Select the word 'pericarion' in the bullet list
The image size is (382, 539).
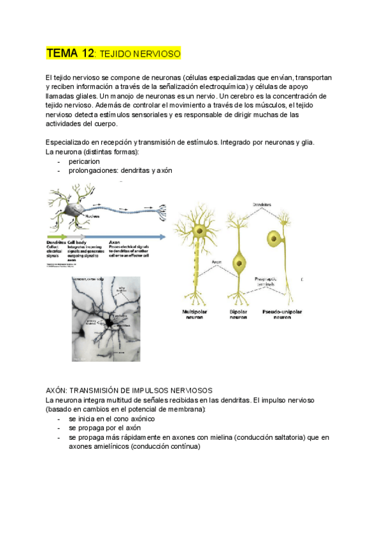coord(85,161)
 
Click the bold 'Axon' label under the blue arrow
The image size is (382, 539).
coord(115,242)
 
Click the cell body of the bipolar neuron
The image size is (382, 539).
coord(239,261)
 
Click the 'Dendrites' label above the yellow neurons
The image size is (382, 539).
coord(262,205)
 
